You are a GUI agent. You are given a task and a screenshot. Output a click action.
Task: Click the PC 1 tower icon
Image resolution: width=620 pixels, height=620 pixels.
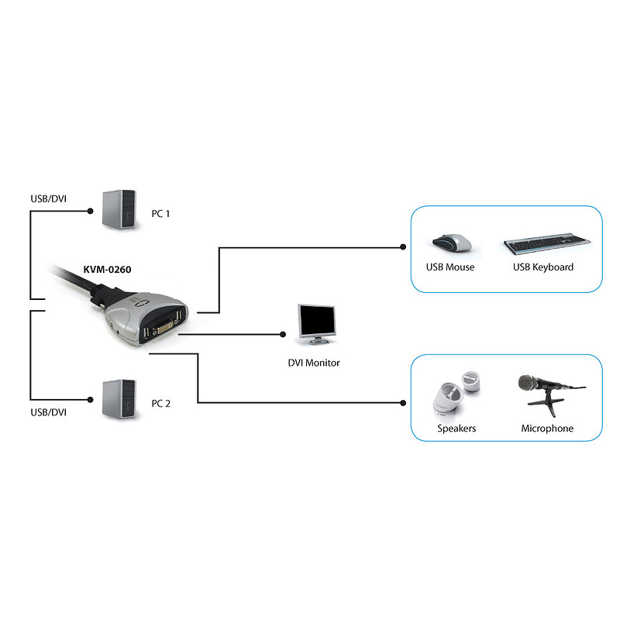point(119,209)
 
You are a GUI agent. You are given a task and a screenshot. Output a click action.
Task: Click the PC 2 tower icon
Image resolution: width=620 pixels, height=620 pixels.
point(119,399)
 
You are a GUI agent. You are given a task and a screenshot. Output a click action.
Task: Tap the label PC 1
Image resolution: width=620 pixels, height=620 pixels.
point(160,214)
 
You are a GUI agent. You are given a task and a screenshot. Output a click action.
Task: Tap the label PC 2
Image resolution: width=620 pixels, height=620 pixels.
point(161,403)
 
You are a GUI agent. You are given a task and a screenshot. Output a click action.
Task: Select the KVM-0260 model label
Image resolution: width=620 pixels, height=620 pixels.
point(107,270)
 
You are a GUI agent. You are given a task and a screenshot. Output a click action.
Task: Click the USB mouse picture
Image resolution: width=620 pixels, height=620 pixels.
point(452,243)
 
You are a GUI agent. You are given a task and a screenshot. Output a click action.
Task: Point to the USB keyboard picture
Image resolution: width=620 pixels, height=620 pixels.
point(547,243)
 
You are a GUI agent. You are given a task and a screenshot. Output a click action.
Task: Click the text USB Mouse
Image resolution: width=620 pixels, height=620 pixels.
point(450,267)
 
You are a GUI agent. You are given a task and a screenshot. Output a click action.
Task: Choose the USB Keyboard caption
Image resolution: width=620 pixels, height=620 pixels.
point(543,267)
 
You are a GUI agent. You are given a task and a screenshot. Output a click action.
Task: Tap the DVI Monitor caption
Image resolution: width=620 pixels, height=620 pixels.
point(314,363)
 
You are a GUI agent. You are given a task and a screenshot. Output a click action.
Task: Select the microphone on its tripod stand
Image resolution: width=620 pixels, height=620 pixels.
point(550,394)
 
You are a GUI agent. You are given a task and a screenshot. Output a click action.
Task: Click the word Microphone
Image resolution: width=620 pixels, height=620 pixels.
point(547,429)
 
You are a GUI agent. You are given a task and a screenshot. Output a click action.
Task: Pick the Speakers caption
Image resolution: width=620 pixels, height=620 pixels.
point(456,429)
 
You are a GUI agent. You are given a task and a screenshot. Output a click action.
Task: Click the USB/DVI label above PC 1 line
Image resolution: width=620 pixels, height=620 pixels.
point(48,199)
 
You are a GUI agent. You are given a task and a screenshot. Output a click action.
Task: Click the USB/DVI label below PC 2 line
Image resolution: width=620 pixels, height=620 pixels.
point(48,412)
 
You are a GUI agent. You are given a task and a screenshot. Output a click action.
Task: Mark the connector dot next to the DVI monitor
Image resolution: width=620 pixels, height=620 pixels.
point(283,335)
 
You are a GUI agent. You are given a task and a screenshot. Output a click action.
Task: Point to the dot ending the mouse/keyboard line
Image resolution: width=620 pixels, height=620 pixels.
point(403,247)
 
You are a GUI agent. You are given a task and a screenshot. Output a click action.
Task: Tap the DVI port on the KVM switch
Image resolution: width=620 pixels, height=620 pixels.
point(163,328)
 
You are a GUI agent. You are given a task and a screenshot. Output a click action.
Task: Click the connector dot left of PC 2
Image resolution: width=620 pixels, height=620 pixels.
point(90,400)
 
